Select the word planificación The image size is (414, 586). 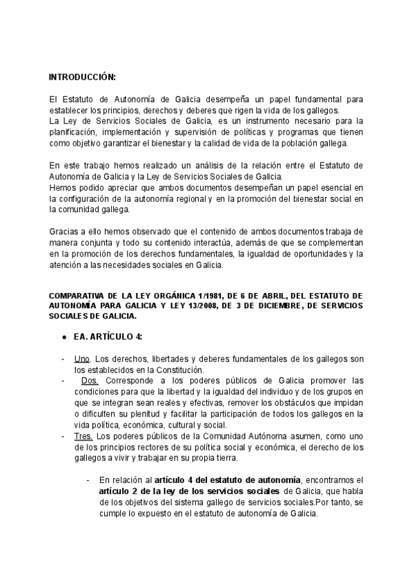75,132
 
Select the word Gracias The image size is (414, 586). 65,233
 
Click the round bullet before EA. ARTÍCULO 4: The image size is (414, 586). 64,337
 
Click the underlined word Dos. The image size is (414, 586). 90,381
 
